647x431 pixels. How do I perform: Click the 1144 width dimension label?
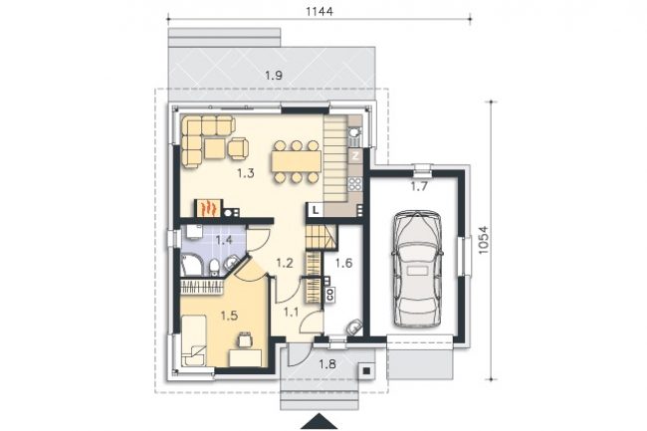point(319,11)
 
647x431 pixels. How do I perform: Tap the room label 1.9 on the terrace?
point(274,76)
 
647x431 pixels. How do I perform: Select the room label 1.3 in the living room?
point(245,173)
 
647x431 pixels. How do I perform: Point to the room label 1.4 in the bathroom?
point(224,240)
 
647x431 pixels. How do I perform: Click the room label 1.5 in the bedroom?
point(229,316)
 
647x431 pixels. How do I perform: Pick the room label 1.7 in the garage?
point(419,187)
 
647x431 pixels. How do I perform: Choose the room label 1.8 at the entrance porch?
point(327,364)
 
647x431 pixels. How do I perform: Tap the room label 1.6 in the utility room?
point(343,263)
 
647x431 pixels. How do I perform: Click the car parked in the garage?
point(418,270)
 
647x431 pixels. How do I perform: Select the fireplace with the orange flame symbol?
point(209,208)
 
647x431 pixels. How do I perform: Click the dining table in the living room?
point(297,161)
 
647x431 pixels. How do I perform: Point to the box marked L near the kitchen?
point(316,210)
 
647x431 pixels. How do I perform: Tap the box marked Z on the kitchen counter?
point(355,156)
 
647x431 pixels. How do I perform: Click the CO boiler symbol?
point(329,294)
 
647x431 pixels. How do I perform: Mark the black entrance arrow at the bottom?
point(319,422)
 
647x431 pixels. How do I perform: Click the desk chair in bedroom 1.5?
point(244,339)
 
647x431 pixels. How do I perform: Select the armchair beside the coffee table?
point(239,148)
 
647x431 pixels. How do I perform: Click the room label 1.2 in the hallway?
point(285,263)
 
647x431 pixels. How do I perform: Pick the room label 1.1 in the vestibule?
point(291,313)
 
